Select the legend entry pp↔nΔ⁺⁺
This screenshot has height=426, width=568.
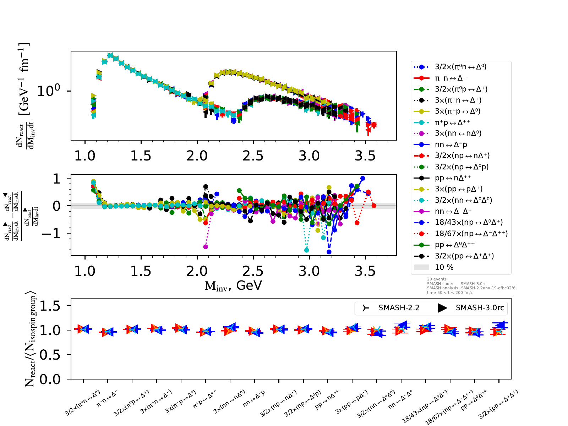453,178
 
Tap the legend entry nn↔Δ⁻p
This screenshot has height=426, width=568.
451,144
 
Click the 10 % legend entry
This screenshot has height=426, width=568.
444,267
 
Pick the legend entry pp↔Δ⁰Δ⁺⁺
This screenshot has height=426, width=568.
455,245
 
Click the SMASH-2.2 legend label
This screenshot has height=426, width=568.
399,308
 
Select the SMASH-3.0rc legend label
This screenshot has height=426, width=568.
480,308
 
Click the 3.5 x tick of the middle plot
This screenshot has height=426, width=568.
365,271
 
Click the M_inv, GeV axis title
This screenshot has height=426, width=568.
233,285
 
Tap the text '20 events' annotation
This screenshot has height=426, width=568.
437,279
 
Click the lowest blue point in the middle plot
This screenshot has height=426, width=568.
329,252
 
